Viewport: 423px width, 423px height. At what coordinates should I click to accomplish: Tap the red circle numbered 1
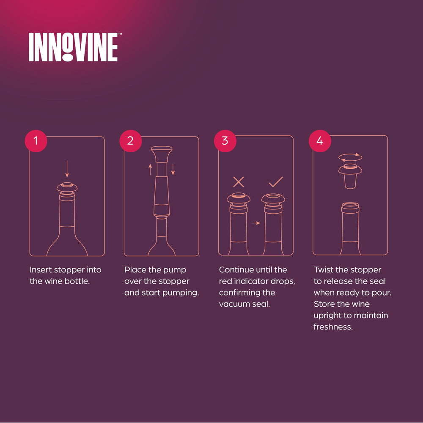point(36,141)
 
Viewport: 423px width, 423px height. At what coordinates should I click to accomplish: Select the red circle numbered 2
point(131,141)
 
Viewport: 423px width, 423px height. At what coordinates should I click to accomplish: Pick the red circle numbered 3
point(225,141)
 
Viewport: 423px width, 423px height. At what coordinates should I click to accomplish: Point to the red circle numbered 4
point(320,141)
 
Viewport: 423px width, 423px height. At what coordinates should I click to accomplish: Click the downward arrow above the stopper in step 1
point(67,169)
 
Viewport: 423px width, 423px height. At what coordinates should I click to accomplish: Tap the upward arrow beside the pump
point(150,170)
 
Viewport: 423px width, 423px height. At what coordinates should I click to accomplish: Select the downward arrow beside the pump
point(173,169)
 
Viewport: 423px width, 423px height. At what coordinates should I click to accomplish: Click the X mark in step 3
point(239,182)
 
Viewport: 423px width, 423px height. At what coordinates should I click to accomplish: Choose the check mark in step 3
point(276,182)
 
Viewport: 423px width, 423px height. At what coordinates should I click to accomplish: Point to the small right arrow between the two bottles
point(256,223)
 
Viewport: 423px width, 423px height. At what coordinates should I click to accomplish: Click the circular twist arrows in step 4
point(350,157)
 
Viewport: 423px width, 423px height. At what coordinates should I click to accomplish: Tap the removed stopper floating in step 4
point(350,176)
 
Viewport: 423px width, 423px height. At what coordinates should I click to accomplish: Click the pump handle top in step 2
point(162,154)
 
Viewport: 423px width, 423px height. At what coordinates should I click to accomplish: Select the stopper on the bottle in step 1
point(67,188)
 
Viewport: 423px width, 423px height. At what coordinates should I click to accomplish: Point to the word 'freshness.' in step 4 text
point(333,327)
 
